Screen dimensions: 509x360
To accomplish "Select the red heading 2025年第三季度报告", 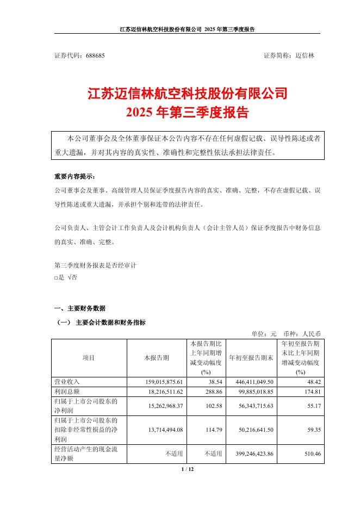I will click(187, 113).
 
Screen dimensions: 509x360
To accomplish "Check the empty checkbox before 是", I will click(55, 277).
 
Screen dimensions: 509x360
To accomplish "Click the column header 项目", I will click(89, 358).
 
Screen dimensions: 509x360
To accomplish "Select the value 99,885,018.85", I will click(253, 392).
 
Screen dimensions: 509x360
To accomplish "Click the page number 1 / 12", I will click(187, 469).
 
